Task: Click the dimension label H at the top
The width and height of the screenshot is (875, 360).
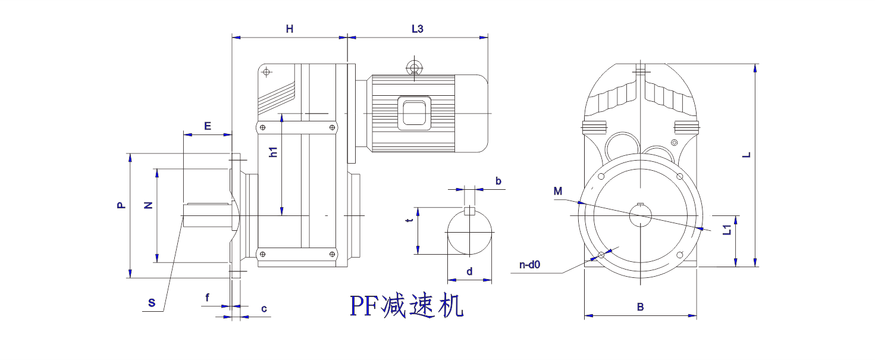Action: (290, 29)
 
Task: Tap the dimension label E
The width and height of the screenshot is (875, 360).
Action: (208, 126)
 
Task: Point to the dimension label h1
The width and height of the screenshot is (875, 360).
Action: (274, 152)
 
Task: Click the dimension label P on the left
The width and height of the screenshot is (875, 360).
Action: (121, 205)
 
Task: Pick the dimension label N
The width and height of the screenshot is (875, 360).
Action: (149, 205)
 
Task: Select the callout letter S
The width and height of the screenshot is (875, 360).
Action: (152, 303)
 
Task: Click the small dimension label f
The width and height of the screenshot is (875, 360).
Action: (207, 297)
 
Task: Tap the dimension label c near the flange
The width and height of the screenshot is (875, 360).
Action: (264, 308)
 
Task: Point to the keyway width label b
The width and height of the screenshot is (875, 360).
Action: (498, 180)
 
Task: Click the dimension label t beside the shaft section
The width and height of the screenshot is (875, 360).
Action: (409, 221)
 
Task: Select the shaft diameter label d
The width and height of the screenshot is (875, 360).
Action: (469, 271)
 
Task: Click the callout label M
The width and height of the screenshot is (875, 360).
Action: (557, 191)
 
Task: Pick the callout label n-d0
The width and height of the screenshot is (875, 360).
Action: (529, 265)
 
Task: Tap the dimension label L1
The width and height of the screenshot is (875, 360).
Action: (726, 230)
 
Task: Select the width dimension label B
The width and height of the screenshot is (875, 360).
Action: (640, 307)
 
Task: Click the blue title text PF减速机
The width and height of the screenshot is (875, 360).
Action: (406, 306)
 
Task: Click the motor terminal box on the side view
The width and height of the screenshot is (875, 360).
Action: (415, 112)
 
